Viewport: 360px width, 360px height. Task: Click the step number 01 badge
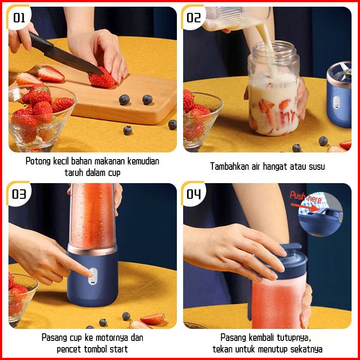19,17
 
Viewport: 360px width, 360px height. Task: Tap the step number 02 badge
193,17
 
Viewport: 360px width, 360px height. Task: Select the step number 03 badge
19,194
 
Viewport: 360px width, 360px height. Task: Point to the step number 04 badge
193,194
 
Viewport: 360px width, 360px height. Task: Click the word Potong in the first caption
38,161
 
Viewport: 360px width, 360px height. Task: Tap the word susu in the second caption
316,167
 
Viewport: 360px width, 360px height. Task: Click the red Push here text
305,197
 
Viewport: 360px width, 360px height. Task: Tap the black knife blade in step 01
73,60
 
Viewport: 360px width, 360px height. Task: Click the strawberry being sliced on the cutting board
101,78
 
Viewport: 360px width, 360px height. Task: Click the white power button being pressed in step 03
93,276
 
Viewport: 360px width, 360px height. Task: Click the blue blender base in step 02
339,95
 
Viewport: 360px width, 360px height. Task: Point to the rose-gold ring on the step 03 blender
92,250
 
